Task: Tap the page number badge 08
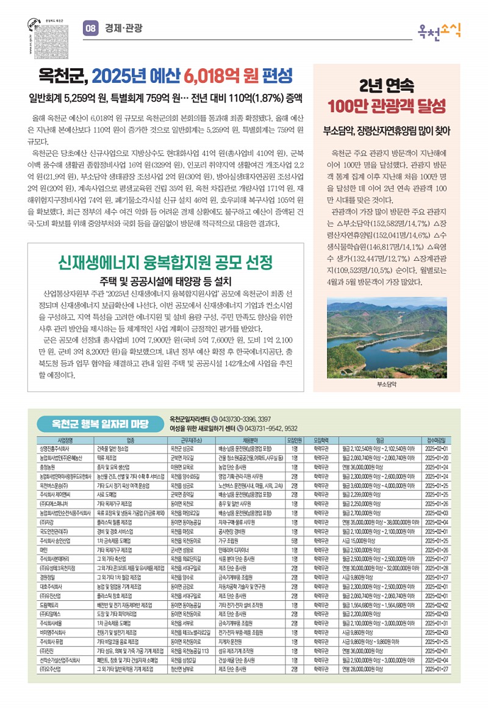(x=90, y=28)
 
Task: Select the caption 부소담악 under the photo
(x=387, y=385)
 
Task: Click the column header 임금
(x=379, y=439)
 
